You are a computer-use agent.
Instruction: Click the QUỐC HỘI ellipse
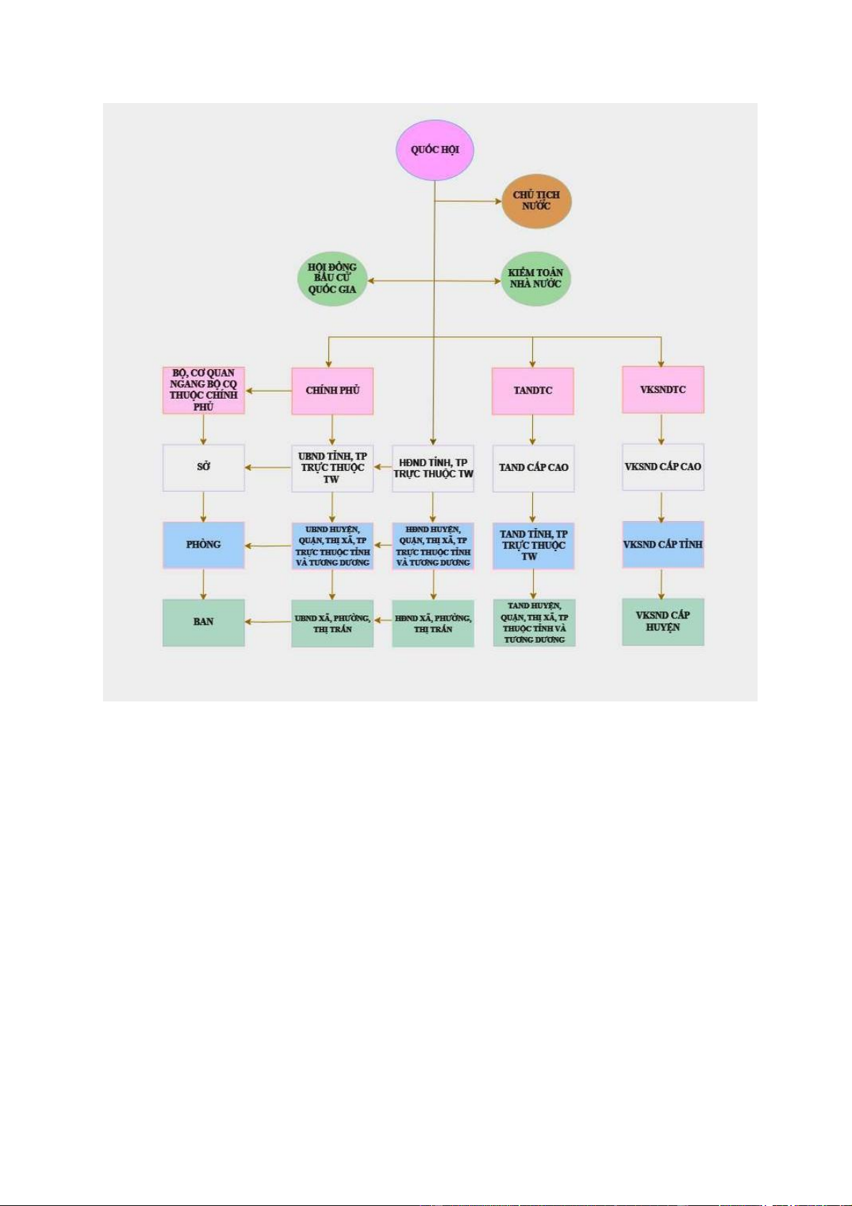coord(435,150)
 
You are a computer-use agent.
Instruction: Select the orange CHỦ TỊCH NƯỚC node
coord(536,201)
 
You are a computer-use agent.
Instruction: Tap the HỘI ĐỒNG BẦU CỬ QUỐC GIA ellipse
coord(333,278)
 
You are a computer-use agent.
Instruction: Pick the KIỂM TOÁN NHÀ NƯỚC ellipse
coord(536,278)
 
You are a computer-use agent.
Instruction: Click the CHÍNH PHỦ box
coord(333,391)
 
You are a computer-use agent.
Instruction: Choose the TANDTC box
coord(533,391)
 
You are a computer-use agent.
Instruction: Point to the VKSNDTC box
coord(663,390)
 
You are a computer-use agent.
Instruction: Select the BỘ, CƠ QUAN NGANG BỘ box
coord(203,390)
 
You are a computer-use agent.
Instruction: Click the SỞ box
coord(203,467)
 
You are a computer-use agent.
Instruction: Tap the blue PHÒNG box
coord(203,545)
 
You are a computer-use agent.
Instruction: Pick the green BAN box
coord(203,623)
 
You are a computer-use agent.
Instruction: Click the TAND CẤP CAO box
coord(534,468)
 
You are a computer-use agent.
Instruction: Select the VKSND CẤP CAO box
coord(663,467)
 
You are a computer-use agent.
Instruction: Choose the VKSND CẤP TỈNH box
coord(663,545)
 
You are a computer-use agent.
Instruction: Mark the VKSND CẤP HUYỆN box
coord(663,622)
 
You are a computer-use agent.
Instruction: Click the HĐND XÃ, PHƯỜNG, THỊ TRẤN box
coord(434,623)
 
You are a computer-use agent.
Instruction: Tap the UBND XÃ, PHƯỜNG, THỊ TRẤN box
coord(333,623)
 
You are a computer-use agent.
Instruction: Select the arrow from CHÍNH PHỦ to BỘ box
coord(268,391)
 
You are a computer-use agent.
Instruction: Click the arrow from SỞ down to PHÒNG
coord(203,506)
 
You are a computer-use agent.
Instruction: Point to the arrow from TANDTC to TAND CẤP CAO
coord(533,429)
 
